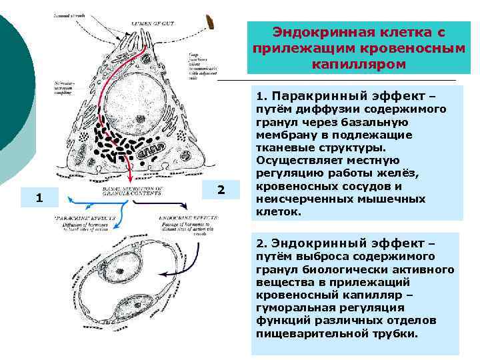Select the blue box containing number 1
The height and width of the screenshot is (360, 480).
coord(40,198)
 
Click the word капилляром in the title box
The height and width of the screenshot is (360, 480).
coord(355,63)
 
